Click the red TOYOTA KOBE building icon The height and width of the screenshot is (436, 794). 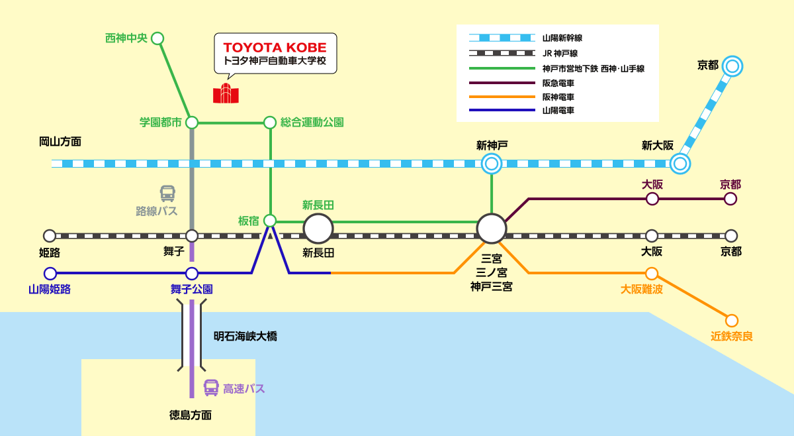(x=226, y=94)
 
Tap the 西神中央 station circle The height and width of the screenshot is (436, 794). (x=157, y=38)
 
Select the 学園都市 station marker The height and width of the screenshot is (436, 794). (x=192, y=123)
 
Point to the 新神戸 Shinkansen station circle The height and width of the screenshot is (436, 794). (x=492, y=163)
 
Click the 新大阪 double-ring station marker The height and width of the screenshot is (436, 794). (x=680, y=163)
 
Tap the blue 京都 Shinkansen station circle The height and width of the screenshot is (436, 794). (x=732, y=66)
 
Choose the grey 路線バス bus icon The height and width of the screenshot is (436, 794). (x=167, y=193)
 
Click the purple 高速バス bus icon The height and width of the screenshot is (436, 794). (x=211, y=388)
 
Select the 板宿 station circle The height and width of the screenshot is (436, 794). (x=270, y=221)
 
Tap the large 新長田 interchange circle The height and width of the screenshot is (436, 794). (x=318, y=229)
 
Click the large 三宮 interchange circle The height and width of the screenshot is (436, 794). (x=492, y=229)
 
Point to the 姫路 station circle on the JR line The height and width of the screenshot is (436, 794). (x=50, y=236)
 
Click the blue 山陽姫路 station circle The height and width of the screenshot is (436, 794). (x=50, y=273)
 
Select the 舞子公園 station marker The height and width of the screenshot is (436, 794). (x=192, y=273)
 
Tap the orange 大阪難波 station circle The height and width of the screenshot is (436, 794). (x=652, y=273)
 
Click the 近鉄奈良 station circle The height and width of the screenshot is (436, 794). (x=732, y=320)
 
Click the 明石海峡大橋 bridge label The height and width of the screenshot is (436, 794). (x=245, y=337)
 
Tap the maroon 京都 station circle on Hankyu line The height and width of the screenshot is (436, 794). (x=730, y=199)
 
